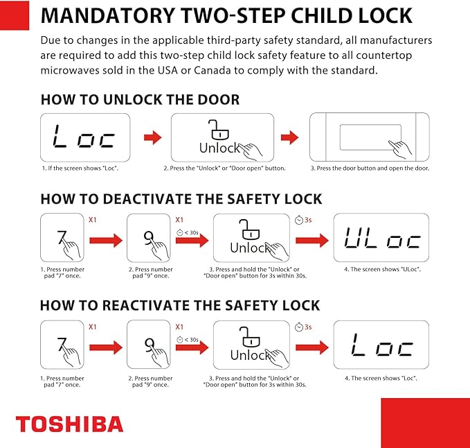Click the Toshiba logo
[x=69, y=424]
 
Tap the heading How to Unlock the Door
[x=140, y=99]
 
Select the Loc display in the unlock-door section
[x=85, y=137]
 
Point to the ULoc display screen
[x=381, y=237]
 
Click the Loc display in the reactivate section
[x=381, y=345]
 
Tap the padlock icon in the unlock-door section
[x=219, y=130]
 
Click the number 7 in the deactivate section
[x=62, y=237]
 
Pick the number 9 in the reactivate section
[x=149, y=345]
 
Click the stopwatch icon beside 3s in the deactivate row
[x=299, y=220]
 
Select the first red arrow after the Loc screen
[x=152, y=137]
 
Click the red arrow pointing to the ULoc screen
[x=312, y=241]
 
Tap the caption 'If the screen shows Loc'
[x=80, y=169]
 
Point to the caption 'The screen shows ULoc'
[x=383, y=269]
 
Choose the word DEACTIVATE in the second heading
[x=148, y=199]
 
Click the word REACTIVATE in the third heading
[x=146, y=305]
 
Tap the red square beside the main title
[x=15, y=15]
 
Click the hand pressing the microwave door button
[x=400, y=149]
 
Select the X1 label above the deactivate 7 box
[x=93, y=220]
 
